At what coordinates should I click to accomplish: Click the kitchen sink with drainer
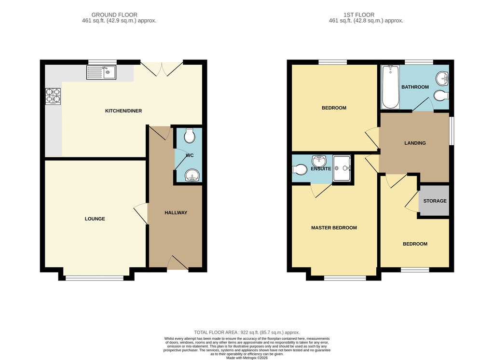(x=101, y=72)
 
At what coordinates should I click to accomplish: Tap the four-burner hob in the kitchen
(x=53, y=96)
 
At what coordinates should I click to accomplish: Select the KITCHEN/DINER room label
(x=123, y=111)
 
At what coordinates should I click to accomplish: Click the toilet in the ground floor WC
(x=189, y=136)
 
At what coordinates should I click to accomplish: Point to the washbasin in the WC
(x=192, y=175)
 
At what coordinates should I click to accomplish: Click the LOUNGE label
(x=95, y=219)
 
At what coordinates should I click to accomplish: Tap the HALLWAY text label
(x=176, y=213)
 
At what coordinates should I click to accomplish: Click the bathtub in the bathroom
(x=391, y=87)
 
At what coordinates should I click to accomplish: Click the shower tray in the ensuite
(x=342, y=168)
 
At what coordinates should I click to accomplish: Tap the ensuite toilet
(x=299, y=169)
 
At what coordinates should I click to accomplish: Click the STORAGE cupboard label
(x=435, y=201)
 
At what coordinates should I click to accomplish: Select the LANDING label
(x=415, y=143)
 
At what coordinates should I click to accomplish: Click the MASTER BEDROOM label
(x=334, y=228)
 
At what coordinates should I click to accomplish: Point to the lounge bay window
(x=95, y=278)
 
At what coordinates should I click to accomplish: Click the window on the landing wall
(x=452, y=131)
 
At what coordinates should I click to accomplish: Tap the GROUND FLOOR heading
(x=114, y=15)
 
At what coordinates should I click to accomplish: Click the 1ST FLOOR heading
(x=359, y=15)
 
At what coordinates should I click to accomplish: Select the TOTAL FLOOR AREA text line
(x=247, y=332)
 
